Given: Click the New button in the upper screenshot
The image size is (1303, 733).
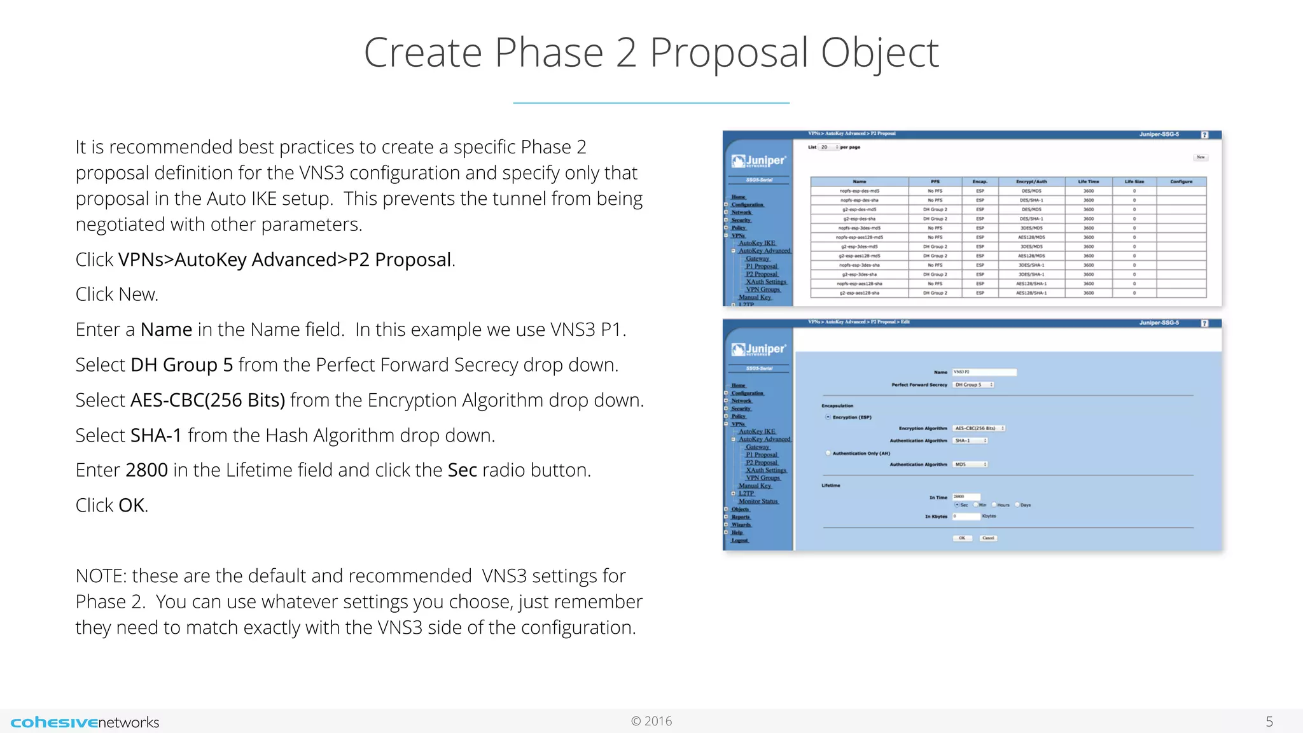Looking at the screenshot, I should [1200, 157].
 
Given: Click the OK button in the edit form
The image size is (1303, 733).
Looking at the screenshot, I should [962, 538].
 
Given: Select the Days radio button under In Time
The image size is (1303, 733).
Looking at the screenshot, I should [1017, 505].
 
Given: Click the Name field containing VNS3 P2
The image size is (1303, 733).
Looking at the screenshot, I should [984, 372].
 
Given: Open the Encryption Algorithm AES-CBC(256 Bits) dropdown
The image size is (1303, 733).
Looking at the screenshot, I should [979, 429].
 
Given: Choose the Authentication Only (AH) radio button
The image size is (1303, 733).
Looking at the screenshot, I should [828, 454].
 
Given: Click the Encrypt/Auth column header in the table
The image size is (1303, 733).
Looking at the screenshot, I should [1031, 182].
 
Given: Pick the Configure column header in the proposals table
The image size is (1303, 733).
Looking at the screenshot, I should [1181, 182].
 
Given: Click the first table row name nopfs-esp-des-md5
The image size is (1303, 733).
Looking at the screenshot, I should [859, 191].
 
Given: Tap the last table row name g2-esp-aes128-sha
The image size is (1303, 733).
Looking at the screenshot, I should [859, 293].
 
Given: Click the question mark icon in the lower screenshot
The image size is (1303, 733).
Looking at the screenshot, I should [1204, 324].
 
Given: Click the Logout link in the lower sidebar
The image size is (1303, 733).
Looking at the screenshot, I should [739, 540].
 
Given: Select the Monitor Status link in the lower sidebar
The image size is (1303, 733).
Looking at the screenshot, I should [758, 501].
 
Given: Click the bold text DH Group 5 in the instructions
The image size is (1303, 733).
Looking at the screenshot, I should [181, 365].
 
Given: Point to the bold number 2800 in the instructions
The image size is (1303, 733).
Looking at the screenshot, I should [146, 470].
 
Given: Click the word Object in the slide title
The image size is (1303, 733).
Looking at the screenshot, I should [879, 53].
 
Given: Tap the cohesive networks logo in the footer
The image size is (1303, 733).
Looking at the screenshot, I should [85, 722].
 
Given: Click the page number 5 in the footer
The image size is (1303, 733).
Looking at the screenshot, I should [1269, 722].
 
